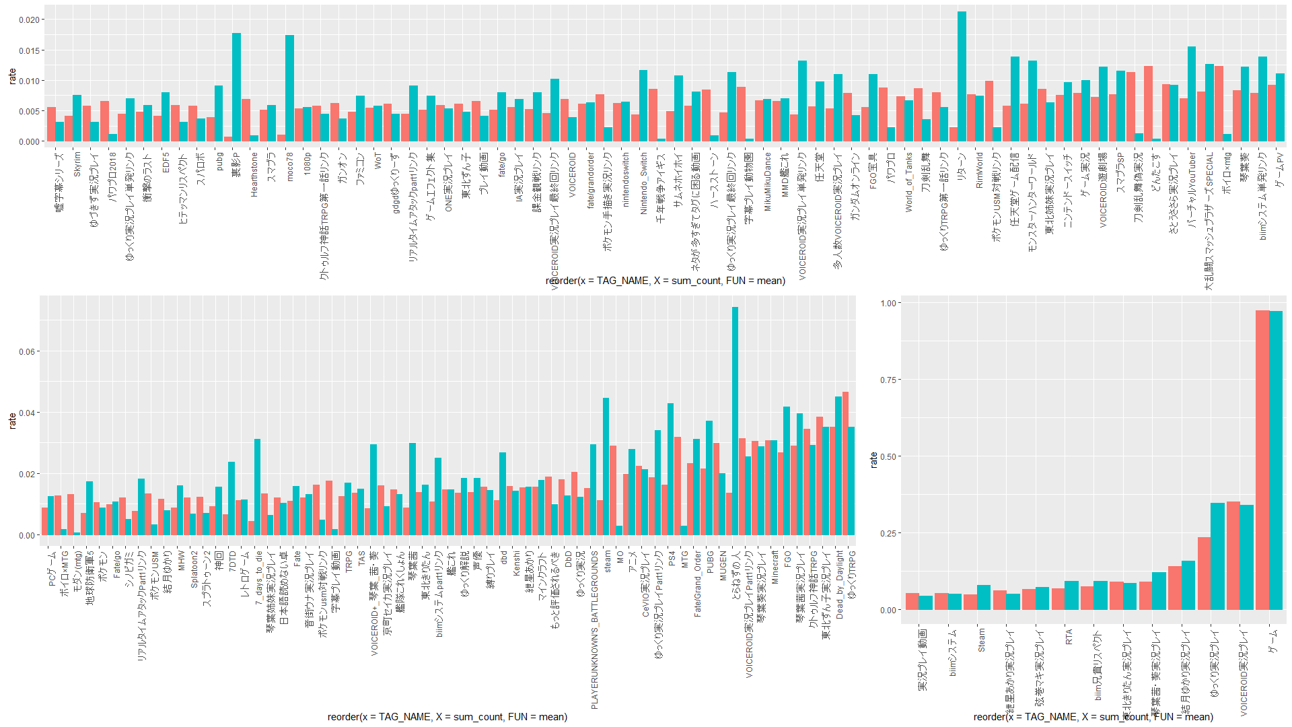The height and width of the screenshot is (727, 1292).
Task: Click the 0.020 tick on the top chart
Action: pos(29,20)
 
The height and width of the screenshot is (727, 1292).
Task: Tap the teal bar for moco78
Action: pos(289,88)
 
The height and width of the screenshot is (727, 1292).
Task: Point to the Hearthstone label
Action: pos(254,174)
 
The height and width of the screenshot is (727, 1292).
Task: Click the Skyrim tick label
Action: pos(77,164)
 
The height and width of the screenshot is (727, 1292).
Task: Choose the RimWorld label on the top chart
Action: pos(980,170)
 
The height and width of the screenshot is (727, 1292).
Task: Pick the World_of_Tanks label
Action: pos(909,182)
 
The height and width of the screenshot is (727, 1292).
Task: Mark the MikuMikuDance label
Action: pos(768,182)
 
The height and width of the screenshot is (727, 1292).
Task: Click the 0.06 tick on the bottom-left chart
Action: pos(28,352)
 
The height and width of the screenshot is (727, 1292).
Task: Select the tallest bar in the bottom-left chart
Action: pos(735,421)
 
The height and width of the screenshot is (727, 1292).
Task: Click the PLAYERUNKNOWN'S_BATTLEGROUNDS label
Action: pos(594,629)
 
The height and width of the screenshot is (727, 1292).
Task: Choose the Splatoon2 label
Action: pos(194,569)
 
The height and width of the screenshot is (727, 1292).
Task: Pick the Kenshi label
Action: pos(516,563)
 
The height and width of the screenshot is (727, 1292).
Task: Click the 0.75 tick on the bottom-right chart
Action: pos(888,380)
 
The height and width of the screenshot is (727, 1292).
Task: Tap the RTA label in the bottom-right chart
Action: pos(1069,637)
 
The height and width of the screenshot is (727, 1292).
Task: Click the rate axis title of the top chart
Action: pos(12,76)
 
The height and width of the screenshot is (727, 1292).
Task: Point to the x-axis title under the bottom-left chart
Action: pos(447,717)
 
